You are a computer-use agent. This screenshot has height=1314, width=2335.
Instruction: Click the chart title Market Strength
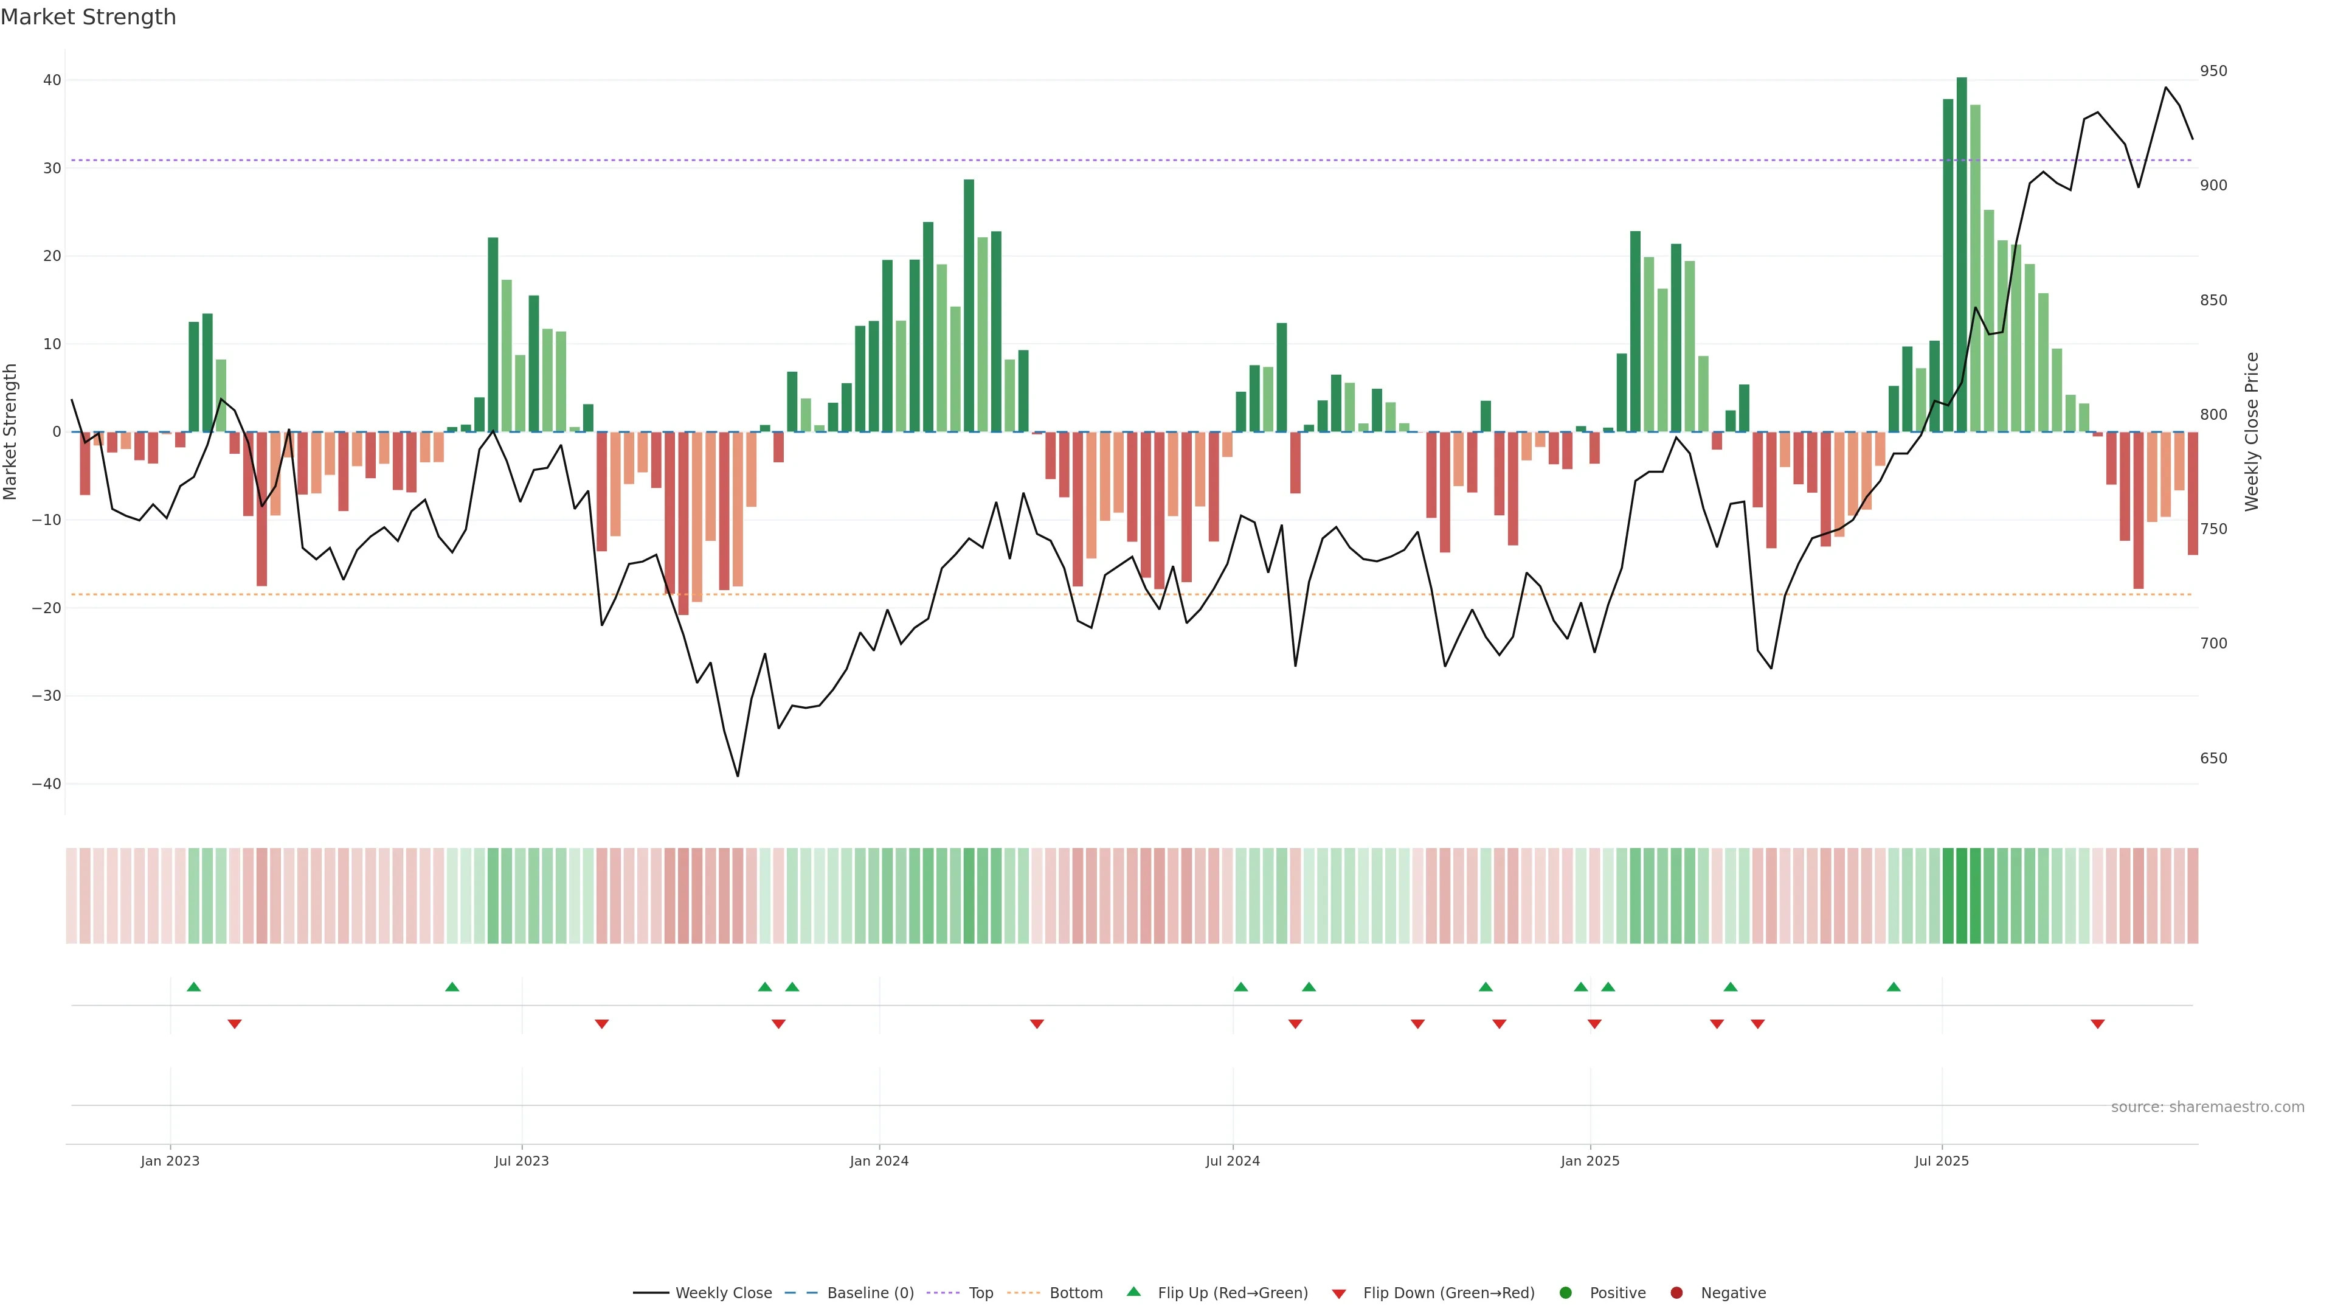click(88, 17)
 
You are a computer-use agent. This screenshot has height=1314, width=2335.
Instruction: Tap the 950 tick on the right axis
click(2213, 71)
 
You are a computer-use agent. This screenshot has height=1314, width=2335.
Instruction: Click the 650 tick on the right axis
click(2213, 758)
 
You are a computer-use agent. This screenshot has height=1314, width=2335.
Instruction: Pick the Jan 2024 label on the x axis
click(878, 1161)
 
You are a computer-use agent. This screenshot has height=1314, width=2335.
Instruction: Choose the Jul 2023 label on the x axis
click(521, 1161)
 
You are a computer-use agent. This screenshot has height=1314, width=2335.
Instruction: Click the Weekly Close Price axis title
click(2252, 432)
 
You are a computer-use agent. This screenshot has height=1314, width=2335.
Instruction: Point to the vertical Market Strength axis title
click(11, 432)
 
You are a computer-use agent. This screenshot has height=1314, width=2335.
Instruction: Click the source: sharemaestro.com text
click(2207, 1107)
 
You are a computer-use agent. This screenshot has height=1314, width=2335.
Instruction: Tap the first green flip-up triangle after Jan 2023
click(194, 987)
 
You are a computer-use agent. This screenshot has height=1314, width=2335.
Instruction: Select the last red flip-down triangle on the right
click(2097, 1024)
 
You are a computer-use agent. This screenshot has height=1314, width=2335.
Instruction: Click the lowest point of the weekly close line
click(738, 776)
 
